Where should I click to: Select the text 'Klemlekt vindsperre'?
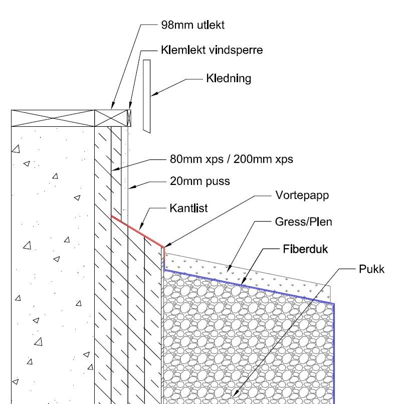[x=212, y=50]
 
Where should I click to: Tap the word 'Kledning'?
[x=228, y=79]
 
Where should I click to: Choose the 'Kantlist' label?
[x=188, y=208]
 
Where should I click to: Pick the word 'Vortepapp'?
[x=302, y=195]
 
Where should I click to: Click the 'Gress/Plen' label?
[x=303, y=221]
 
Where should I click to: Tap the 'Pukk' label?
[x=371, y=269]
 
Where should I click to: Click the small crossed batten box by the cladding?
[x=129, y=118]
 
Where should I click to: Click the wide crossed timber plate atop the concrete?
[x=53, y=118]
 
